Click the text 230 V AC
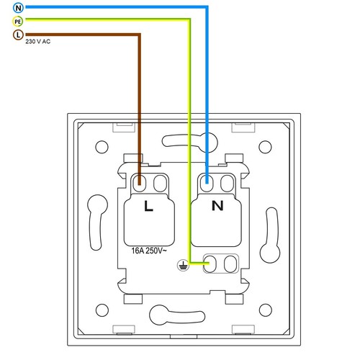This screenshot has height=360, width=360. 37,42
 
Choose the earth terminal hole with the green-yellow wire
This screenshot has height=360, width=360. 213,262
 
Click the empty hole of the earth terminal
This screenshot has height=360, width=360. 230,262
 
